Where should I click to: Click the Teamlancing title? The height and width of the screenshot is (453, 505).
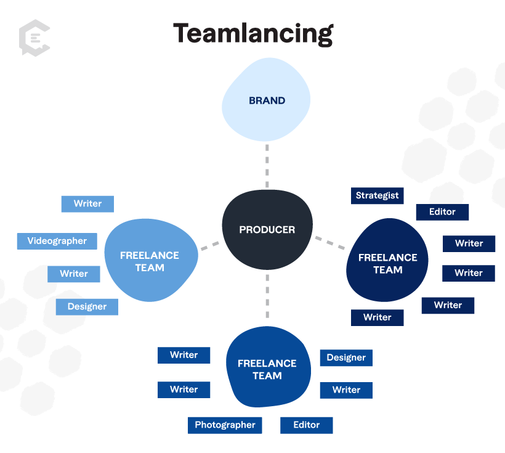click(x=252, y=33)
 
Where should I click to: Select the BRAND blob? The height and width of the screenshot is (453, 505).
click(x=267, y=100)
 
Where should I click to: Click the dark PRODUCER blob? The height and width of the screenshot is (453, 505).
click(x=267, y=229)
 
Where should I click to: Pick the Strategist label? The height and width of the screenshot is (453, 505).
click(x=377, y=196)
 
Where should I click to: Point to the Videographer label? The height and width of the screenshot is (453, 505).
click(x=57, y=241)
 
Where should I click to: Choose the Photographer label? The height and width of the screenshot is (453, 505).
click(x=225, y=425)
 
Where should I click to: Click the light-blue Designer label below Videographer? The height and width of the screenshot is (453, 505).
click(x=87, y=307)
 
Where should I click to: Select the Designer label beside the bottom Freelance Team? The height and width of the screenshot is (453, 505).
click(x=346, y=358)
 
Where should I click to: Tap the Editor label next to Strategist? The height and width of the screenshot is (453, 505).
click(x=442, y=212)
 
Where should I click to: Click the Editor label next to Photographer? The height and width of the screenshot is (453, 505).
click(x=306, y=425)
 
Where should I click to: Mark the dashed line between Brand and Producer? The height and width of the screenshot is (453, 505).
click(x=267, y=166)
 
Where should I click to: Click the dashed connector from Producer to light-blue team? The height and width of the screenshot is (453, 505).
click(x=210, y=245)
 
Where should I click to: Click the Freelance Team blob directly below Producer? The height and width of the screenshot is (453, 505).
click(x=267, y=369)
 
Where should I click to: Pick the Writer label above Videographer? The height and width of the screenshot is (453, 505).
click(x=87, y=204)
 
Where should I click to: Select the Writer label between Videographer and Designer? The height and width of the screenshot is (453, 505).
click(x=74, y=274)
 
